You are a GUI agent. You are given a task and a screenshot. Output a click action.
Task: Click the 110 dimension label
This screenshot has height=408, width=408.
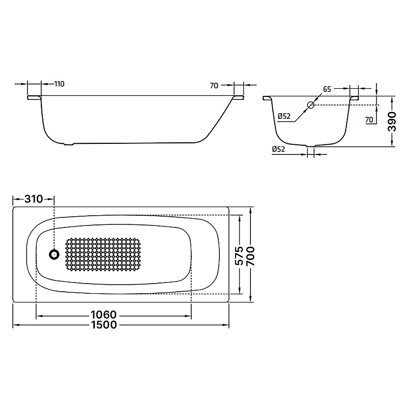pyautogui.click(x=59, y=84)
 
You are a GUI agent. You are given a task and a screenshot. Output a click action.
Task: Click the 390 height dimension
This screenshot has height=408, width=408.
pyautogui.click(x=392, y=121)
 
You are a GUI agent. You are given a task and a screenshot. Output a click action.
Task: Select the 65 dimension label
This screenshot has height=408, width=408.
pyautogui.click(x=327, y=89)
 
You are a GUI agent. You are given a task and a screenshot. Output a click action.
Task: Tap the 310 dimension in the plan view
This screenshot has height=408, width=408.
pyautogui.click(x=34, y=199)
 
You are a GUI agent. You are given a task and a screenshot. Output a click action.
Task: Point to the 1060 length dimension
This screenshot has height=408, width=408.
pyautogui.click(x=104, y=315)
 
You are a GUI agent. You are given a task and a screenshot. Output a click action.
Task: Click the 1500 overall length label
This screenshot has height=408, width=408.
pyautogui.click(x=104, y=325)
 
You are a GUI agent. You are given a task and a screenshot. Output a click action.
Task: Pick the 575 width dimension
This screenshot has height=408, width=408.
pyautogui.click(x=239, y=256)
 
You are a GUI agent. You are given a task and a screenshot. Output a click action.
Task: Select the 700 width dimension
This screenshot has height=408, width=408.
pyautogui.click(x=250, y=257)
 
